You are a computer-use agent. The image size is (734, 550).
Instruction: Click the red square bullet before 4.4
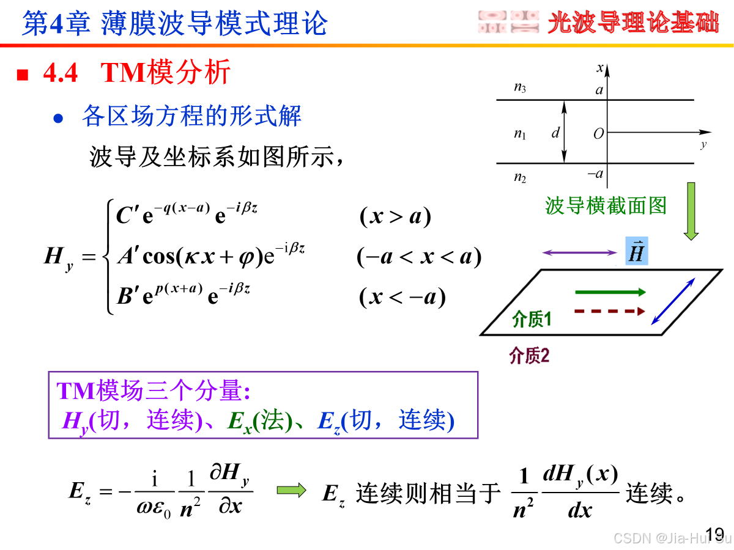coord(23,75)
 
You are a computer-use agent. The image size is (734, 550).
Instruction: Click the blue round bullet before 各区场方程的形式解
coord(58,119)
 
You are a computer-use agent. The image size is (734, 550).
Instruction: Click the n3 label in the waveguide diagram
coord(520,88)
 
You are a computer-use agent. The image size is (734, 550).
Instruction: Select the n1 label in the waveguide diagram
coord(520,134)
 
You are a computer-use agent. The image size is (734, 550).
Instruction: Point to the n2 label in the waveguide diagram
coord(520,178)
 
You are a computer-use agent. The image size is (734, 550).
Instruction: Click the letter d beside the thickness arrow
coord(555,133)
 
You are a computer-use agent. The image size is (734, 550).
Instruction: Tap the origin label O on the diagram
coord(598,134)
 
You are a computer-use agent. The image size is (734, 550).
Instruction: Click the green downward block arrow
coord(691,211)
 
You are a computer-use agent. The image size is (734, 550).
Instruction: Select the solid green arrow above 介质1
coord(610,293)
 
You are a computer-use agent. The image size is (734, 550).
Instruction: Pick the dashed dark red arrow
coord(610,311)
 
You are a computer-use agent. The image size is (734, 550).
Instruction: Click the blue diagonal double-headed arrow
coord(673,301)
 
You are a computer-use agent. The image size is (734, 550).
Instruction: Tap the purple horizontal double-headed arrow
coord(579,252)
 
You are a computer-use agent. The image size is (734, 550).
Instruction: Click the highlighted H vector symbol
coord(636,252)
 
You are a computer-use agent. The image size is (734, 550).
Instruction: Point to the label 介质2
coord(530,356)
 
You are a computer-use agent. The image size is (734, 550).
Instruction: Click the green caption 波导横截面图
coord(606,206)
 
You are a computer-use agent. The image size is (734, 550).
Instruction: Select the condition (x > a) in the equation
coord(395,216)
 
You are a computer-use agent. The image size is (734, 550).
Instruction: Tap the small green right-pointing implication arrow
coord(291,490)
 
